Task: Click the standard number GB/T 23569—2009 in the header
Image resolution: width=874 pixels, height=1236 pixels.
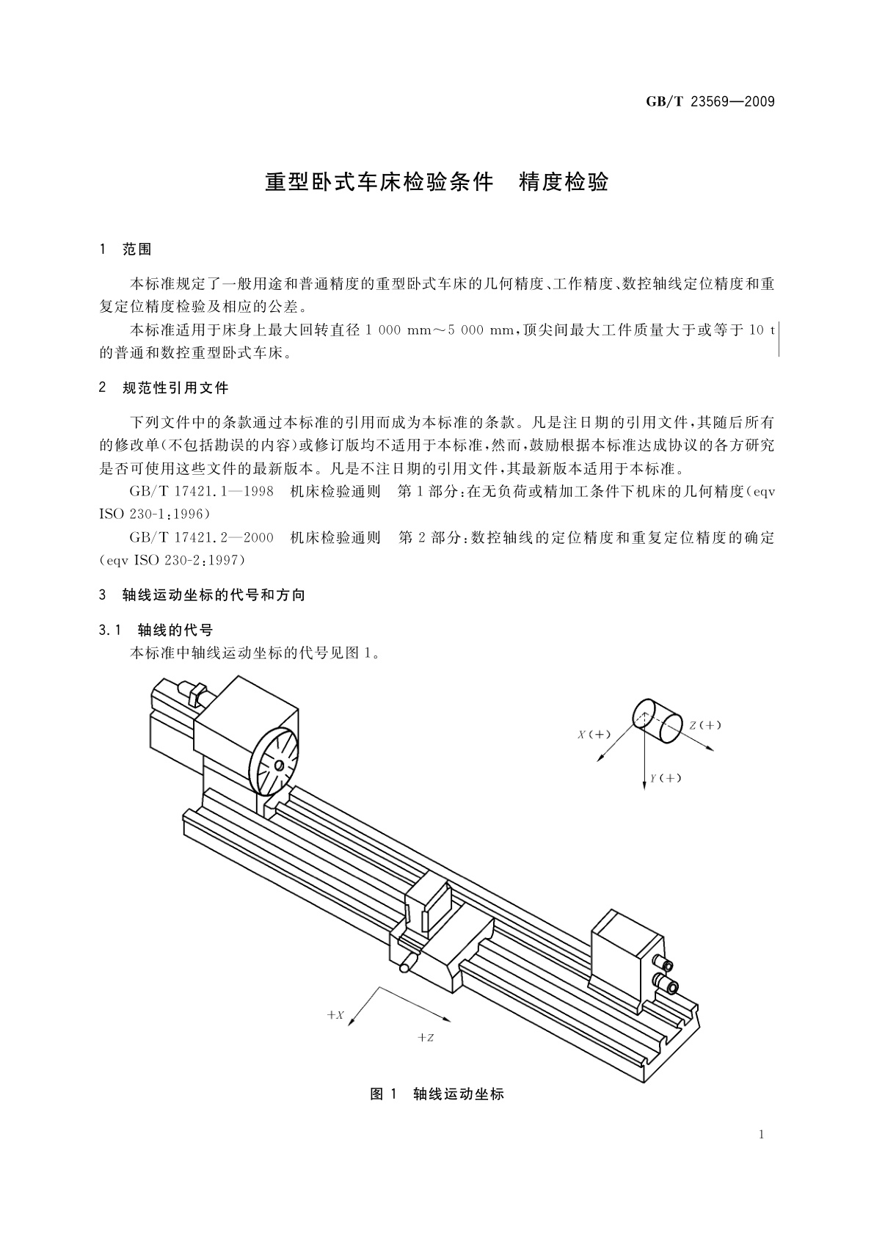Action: [710, 102]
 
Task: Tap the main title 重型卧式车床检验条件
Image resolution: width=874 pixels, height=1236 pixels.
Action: [379, 182]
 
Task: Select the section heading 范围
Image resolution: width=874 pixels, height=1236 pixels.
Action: [136, 250]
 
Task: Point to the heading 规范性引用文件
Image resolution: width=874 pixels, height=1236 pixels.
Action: [175, 388]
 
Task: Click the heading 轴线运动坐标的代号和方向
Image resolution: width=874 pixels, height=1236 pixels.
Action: [214, 595]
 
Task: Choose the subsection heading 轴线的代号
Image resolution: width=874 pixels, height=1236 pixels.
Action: [175, 630]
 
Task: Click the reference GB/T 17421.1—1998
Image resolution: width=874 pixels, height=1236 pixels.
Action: [202, 492]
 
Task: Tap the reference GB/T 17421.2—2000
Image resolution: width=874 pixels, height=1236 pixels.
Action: [202, 537]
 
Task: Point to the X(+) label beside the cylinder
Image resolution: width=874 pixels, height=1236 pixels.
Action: [594, 734]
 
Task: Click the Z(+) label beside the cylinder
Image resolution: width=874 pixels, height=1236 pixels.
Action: [705, 725]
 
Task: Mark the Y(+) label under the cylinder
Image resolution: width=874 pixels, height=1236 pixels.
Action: [666, 778]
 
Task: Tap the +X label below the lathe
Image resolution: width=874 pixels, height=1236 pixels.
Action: [335, 1015]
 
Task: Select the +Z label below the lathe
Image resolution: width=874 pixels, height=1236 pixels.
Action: [426, 1037]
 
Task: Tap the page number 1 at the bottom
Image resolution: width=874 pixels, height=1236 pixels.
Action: [762, 1135]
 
